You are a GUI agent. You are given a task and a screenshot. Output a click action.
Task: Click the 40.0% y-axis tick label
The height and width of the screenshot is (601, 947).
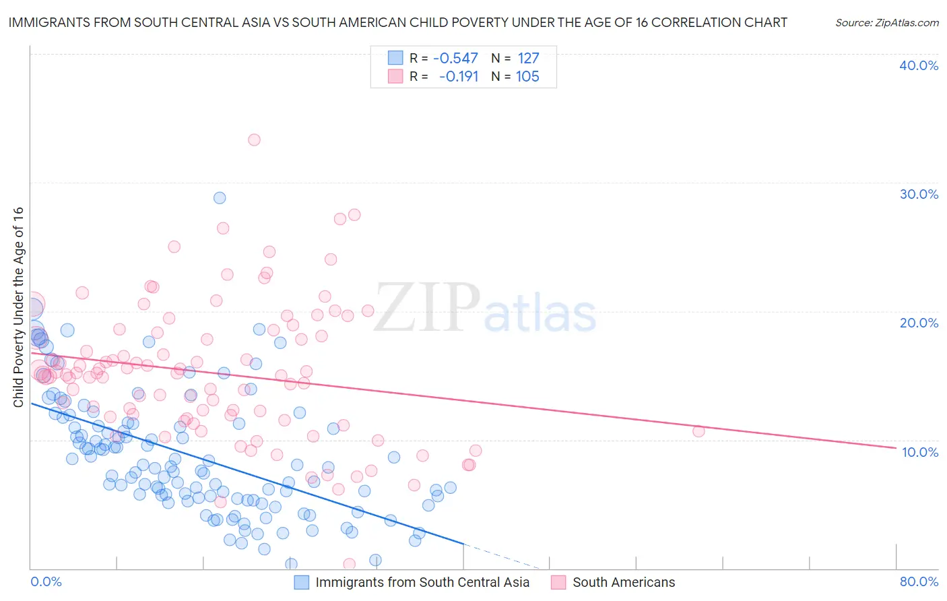[x=919, y=65]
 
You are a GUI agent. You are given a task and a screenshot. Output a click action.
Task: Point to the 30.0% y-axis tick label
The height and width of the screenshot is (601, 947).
[x=919, y=194]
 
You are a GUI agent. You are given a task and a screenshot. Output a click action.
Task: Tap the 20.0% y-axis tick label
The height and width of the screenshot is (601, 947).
[x=919, y=323]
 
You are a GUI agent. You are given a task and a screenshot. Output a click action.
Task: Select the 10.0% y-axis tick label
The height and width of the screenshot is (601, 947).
[x=920, y=452]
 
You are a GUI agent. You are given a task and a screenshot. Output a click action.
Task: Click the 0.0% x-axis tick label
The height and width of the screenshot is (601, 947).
[x=46, y=581]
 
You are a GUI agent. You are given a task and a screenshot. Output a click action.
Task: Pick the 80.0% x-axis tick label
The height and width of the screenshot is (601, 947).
[x=919, y=581]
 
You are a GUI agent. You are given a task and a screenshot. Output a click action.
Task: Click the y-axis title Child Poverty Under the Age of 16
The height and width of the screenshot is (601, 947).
[x=19, y=307]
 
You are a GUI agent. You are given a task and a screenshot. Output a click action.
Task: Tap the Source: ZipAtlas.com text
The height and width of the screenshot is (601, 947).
[x=886, y=23]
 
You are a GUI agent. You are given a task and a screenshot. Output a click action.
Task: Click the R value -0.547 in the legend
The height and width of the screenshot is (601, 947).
[x=455, y=58]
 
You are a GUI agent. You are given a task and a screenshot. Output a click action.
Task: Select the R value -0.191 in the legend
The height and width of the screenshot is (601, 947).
[x=458, y=77]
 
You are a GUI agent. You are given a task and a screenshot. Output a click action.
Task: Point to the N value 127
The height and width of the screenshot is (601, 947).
[x=528, y=58]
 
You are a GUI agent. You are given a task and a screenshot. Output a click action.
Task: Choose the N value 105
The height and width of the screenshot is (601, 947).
[x=527, y=77]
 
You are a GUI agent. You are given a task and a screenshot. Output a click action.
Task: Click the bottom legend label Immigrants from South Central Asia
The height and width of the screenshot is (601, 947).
[x=422, y=582]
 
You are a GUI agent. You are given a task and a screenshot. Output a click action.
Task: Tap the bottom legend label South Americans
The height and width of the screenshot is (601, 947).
[x=624, y=582]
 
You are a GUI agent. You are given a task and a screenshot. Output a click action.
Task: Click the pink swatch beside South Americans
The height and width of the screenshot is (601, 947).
[x=558, y=582]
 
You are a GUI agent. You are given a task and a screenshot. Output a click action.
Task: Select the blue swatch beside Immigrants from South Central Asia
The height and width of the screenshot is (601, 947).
[x=301, y=582]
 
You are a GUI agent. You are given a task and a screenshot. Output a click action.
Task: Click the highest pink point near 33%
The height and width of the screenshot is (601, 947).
[x=254, y=140]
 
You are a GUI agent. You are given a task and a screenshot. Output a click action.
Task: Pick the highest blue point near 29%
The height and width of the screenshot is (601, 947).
[x=220, y=198]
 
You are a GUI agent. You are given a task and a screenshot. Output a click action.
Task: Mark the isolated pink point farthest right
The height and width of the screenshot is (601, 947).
[x=698, y=431]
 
